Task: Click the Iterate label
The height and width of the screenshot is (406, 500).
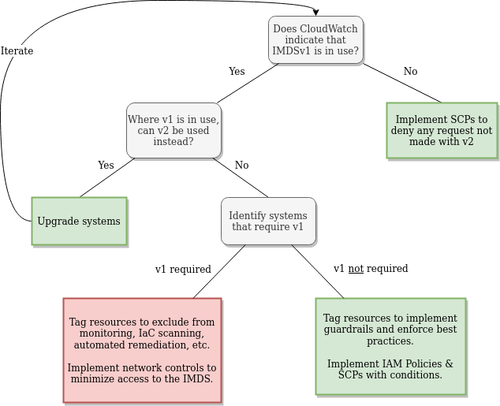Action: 17,51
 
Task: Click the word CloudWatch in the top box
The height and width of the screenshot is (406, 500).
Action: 326,29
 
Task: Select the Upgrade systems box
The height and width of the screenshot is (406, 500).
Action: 79,222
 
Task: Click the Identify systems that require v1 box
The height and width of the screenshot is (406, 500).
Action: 268,222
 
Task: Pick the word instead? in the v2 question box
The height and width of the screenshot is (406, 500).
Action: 174,142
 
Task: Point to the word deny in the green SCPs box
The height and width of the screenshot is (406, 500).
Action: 405,131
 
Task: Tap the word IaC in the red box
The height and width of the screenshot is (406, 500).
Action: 136,333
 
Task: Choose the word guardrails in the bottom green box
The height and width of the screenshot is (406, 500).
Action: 349,330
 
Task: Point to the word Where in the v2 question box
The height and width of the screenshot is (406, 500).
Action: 143,120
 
